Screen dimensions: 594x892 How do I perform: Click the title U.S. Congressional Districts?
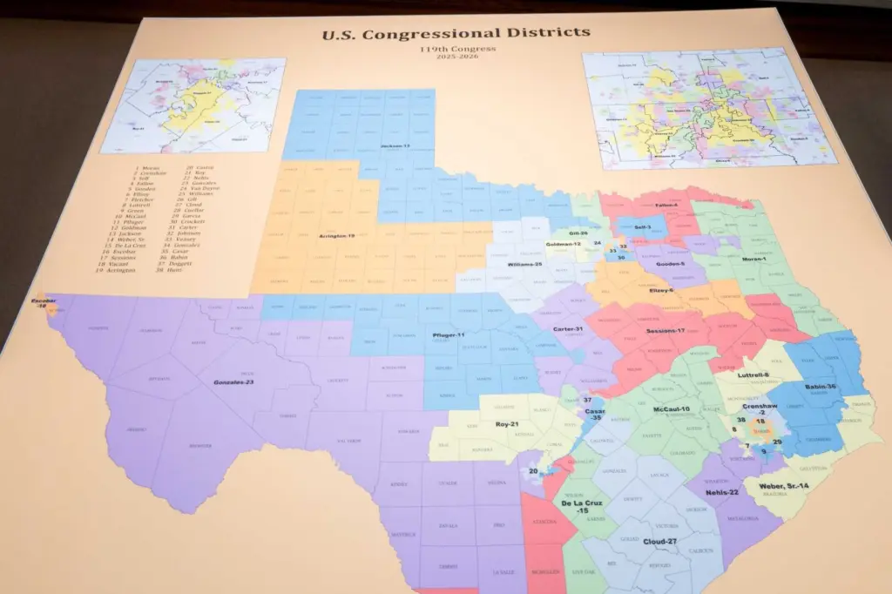coord(456,35)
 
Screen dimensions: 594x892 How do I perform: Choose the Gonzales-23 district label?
coord(233,381)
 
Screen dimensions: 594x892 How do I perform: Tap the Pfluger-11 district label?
coord(449,335)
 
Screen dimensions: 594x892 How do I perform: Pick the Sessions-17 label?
coord(666,331)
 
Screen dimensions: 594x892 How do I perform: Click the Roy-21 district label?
coord(507,424)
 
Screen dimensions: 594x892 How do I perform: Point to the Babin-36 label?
coord(819,387)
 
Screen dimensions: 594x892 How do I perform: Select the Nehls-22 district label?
coord(722,492)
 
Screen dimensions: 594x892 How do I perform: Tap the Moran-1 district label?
coord(755,259)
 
